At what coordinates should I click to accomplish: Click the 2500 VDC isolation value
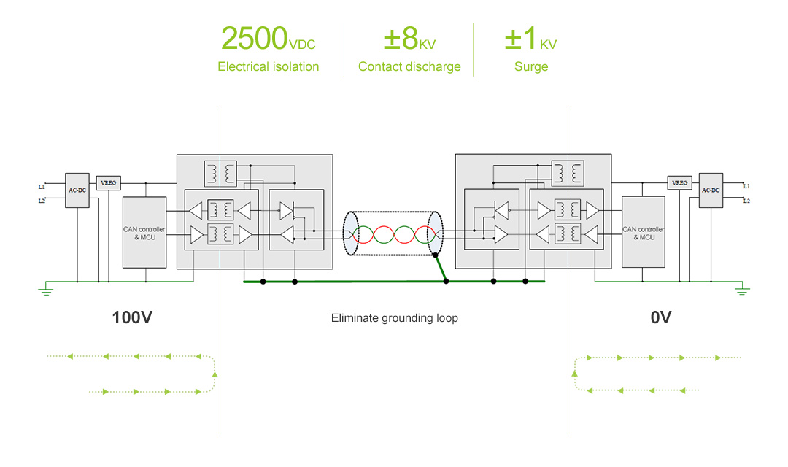point(267,39)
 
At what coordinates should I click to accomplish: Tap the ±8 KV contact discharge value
point(409,39)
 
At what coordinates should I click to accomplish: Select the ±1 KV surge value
point(530,39)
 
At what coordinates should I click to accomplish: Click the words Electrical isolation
point(268,66)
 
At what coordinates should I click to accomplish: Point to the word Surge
point(530,66)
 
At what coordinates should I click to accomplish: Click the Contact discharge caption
point(409,66)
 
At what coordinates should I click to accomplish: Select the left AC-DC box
point(77,190)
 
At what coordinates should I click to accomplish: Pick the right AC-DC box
point(711,190)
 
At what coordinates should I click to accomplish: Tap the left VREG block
point(108,182)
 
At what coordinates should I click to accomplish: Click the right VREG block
point(679,182)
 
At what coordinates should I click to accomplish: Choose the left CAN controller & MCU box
point(144,233)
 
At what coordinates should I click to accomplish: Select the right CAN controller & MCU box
point(643,233)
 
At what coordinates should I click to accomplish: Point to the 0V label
point(660,317)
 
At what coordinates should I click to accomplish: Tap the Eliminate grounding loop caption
point(394,318)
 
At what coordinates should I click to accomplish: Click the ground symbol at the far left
point(45,291)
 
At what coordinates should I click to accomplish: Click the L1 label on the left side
point(41,187)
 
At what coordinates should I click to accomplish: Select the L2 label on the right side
point(746,200)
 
